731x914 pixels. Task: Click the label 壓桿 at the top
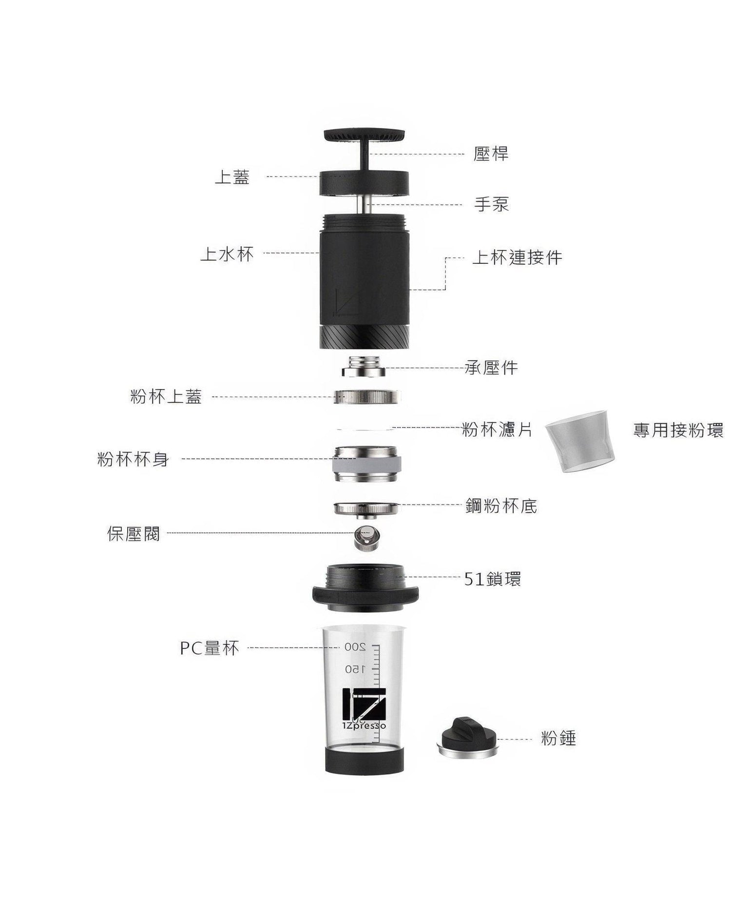point(491,154)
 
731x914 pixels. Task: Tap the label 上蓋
point(232,177)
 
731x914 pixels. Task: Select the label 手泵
point(491,204)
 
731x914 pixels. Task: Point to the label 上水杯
point(227,254)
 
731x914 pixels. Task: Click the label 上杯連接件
point(517,257)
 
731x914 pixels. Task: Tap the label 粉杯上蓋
point(166,397)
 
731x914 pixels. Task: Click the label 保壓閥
point(134,534)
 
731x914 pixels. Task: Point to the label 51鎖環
point(492,579)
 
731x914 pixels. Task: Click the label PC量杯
point(210,648)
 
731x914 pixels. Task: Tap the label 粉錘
point(558,739)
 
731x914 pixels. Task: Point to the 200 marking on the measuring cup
point(355,647)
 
